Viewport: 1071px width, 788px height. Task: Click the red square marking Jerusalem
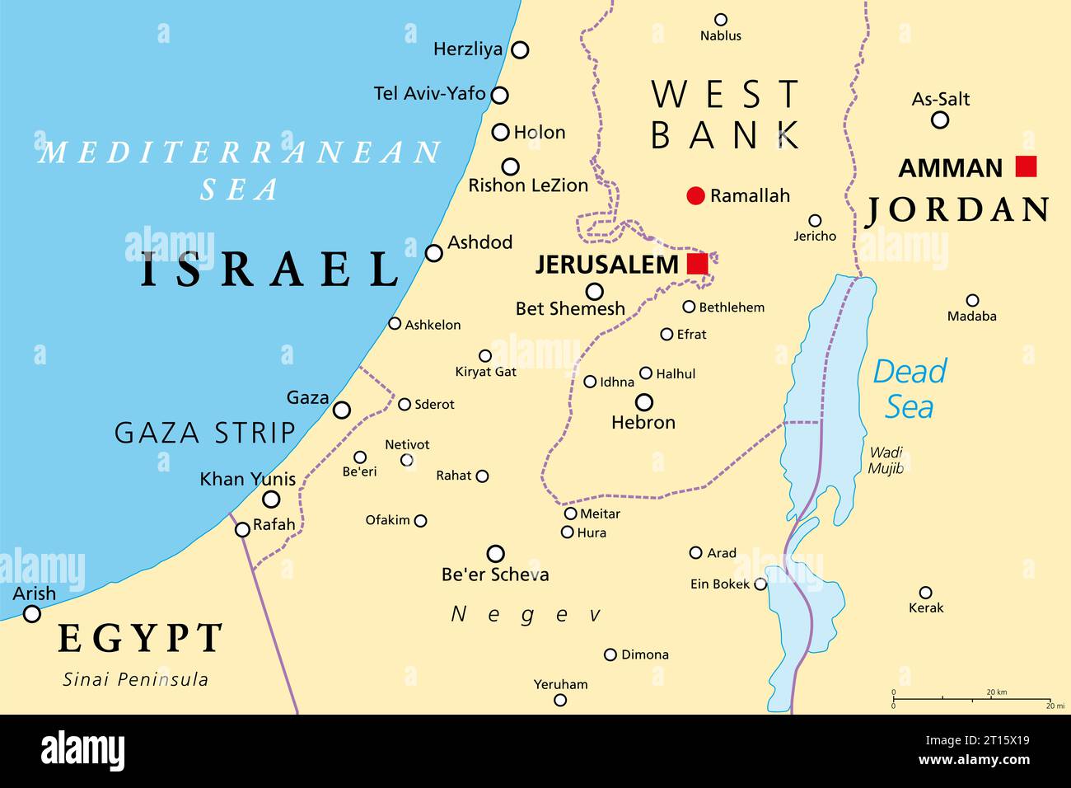coord(697,264)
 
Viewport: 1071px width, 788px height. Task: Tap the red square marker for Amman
coord(1026,167)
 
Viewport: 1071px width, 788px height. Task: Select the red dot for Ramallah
coord(696,195)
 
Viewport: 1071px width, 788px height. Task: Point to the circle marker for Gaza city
coord(341,410)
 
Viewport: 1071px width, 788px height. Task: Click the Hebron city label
coord(643,422)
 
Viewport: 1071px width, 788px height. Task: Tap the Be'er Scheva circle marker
coord(495,553)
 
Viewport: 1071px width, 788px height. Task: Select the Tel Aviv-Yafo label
coord(429,93)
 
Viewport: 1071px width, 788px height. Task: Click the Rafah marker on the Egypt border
coord(242,529)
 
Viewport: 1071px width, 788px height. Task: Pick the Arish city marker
coord(31,613)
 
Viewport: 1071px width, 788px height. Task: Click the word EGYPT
coord(140,638)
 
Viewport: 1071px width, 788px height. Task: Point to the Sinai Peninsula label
coord(136,679)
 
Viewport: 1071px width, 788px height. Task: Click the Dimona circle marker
coord(610,654)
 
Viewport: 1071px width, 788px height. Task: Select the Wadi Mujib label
coord(886,460)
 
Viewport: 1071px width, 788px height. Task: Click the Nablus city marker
coord(720,20)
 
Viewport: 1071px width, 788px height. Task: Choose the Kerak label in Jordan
coord(925,607)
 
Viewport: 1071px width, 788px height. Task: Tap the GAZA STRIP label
coord(204,432)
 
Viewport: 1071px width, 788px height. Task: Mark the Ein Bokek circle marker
coord(760,584)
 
